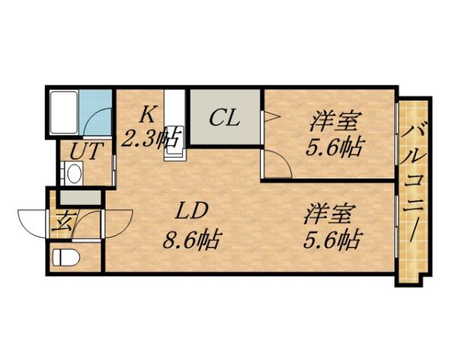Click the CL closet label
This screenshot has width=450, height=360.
[x=223, y=118]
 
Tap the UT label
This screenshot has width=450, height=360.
[x=80, y=150]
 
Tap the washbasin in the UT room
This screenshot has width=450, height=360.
[x=74, y=174]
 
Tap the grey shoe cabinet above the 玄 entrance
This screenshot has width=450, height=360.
[x=79, y=197]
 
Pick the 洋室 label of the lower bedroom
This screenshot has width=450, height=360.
[x=328, y=214]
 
